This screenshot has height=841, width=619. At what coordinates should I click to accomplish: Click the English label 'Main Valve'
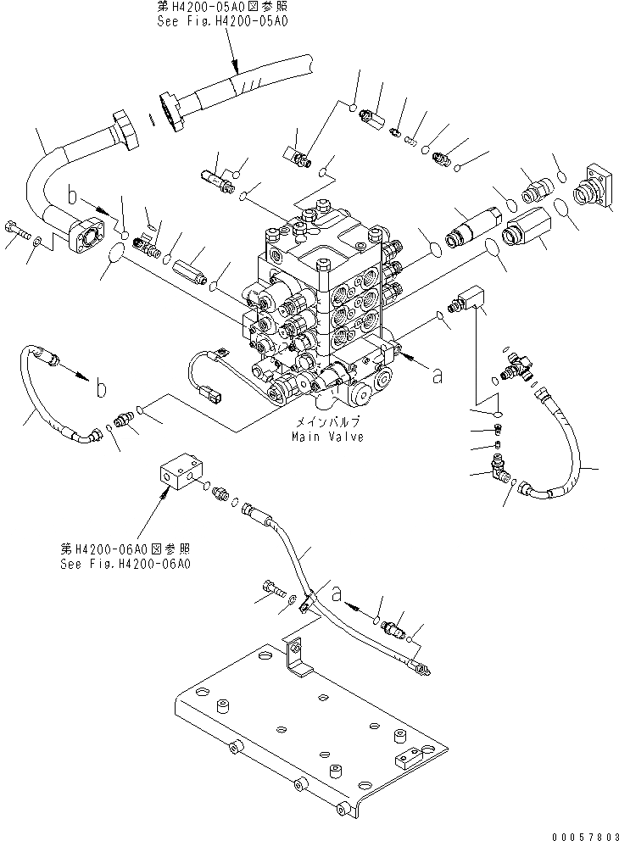pyautogui.click(x=326, y=437)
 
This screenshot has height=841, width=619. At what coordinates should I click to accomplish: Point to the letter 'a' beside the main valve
pyautogui.click(x=437, y=377)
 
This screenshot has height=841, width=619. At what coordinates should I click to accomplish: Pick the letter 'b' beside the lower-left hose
pyautogui.click(x=101, y=389)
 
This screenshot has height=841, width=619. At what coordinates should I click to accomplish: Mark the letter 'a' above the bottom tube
pyautogui.click(x=337, y=594)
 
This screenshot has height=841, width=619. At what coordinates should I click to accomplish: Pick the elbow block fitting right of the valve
pyautogui.click(x=471, y=301)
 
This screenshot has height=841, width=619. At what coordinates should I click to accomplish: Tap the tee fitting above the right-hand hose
pyautogui.click(x=515, y=365)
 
